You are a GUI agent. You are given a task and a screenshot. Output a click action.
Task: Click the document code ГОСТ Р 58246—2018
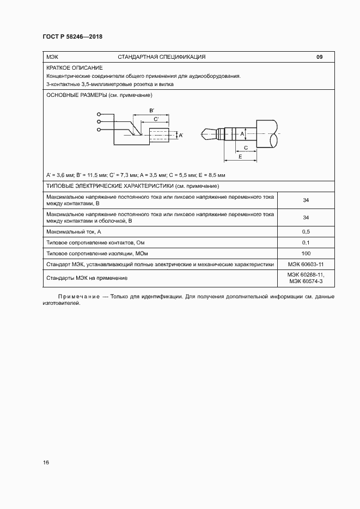pyautogui.click(x=72, y=36)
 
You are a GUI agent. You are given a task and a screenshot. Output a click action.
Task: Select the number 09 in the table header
pyautogui.click(x=320, y=57)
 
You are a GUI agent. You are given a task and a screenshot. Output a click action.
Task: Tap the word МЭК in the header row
pyautogui.click(x=53, y=57)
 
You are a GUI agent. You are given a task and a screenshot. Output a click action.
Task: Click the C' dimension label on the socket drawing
pyautogui.click(x=157, y=118)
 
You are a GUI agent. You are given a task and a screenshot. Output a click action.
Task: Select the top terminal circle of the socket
pyautogui.click(x=98, y=114)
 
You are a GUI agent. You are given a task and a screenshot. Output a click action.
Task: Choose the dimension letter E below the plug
pyautogui.click(x=240, y=156)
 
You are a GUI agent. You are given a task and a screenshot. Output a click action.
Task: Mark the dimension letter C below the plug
pyautogui.click(x=246, y=148)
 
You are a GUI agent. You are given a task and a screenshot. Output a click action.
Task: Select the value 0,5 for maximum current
pyautogui.click(x=306, y=232)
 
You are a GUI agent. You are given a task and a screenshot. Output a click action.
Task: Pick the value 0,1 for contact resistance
pyautogui.click(x=306, y=243)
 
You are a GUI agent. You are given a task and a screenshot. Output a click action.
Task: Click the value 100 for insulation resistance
pyautogui.click(x=306, y=254)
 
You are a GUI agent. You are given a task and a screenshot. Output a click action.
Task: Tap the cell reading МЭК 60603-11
pyautogui.click(x=306, y=265)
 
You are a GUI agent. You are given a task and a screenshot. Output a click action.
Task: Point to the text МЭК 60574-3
pyautogui.click(x=306, y=281)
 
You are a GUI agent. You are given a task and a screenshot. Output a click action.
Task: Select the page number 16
pyautogui.click(x=46, y=463)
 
